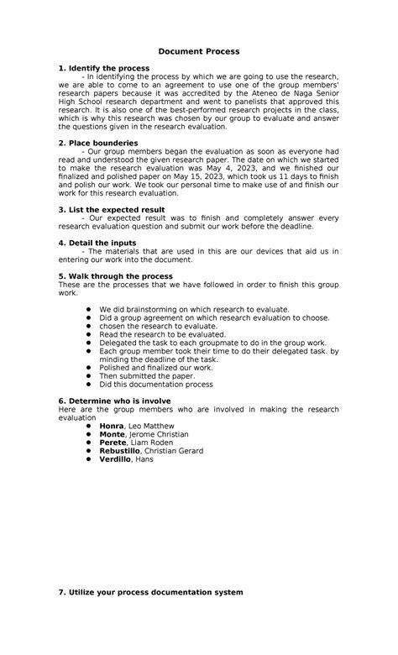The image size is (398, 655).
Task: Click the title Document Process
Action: pos(199,51)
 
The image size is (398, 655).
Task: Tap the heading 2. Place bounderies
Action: pos(100,144)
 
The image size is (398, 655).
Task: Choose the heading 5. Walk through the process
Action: pos(116,275)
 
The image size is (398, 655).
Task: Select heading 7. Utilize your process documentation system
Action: pos(150,592)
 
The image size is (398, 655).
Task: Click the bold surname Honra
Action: pos(112,426)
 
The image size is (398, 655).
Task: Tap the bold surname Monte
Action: pos(113,434)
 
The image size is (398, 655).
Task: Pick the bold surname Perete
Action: pos(113,443)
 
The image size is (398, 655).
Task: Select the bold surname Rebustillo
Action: pos(121,451)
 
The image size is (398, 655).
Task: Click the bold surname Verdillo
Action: pos(116,459)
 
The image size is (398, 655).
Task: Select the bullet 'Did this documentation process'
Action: pos(155,385)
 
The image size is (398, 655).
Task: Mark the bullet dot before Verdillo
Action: pos(89,459)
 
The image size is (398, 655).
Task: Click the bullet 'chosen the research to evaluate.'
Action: pos(151,326)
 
